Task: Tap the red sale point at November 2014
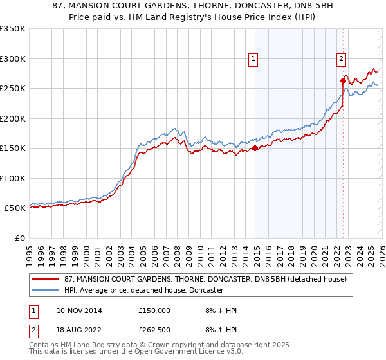255,148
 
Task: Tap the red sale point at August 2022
343,80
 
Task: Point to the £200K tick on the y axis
12,118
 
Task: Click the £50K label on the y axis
15,208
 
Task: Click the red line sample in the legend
46,279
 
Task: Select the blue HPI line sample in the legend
46,291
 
